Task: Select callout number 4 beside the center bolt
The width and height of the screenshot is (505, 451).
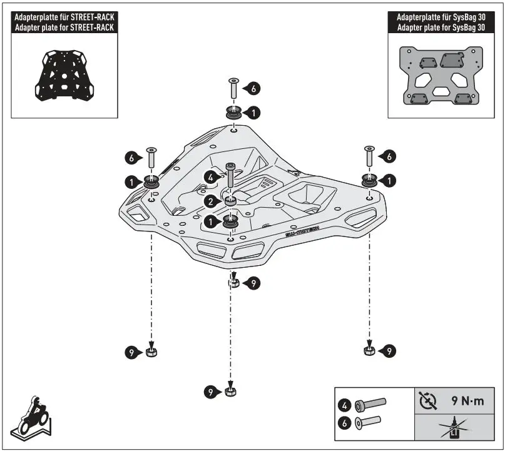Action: tap(212, 178)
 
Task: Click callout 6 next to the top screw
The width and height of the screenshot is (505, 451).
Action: tap(252, 89)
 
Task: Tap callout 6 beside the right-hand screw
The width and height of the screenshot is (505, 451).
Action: tap(389, 156)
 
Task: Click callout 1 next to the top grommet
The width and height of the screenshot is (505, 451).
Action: tap(252, 113)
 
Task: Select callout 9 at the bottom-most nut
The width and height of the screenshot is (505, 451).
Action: tap(211, 392)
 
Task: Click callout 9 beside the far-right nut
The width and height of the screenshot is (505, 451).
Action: tap(389, 352)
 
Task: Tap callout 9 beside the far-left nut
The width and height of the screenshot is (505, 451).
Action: tap(130, 353)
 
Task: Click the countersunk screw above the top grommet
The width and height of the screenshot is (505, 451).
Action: tap(233, 88)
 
